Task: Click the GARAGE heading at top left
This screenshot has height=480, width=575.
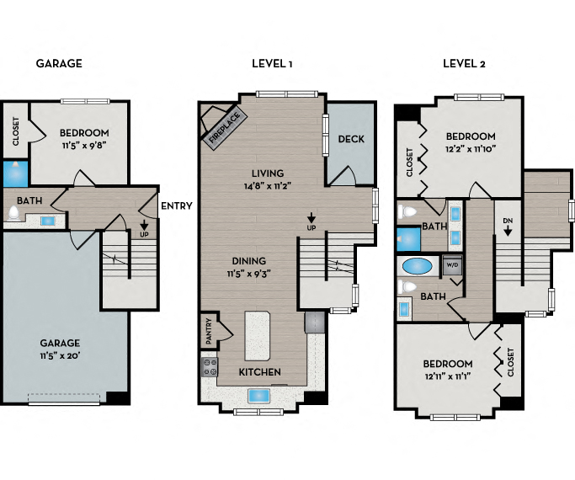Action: (59, 63)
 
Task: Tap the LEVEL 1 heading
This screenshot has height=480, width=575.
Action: (272, 63)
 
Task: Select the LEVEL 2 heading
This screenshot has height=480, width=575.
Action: (464, 63)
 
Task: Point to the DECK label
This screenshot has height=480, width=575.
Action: (350, 139)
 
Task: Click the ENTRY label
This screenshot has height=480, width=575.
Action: (177, 205)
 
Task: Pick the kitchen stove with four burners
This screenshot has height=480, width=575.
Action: (210, 367)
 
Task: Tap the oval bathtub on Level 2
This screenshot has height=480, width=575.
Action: (417, 268)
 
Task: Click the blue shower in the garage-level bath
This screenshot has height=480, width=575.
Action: (13, 173)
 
